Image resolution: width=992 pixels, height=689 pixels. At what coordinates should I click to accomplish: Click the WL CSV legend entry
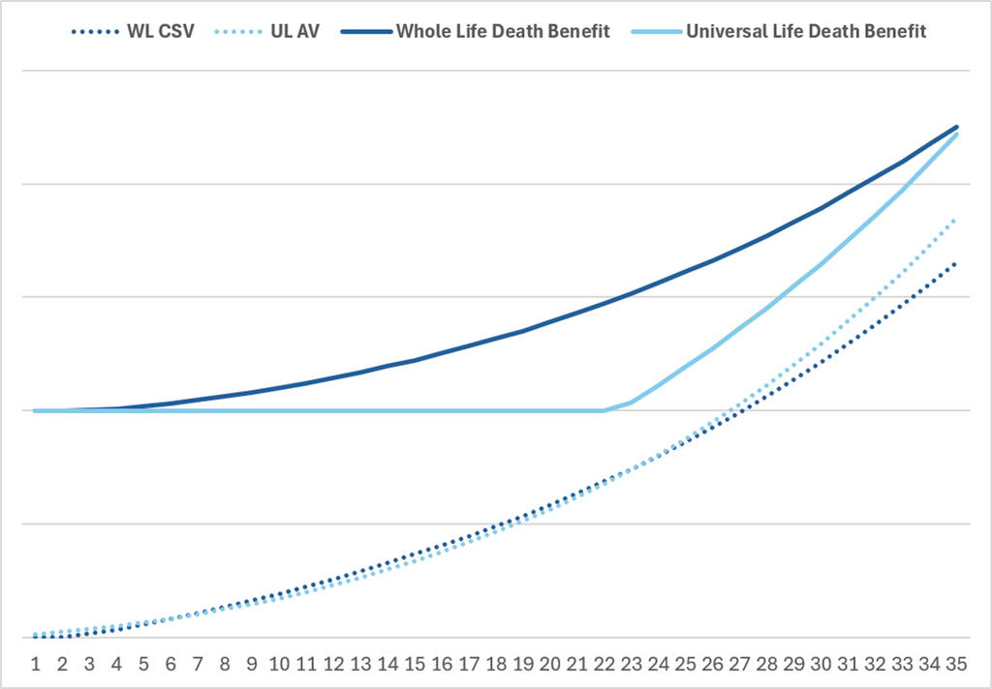(x=133, y=31)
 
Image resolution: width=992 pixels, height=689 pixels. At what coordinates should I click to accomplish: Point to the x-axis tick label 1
(x=36, y=664)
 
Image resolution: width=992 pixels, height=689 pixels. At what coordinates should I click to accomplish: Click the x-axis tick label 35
(x=956, y=664)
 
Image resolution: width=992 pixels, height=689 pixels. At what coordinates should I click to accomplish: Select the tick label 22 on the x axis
(x=604, y=664)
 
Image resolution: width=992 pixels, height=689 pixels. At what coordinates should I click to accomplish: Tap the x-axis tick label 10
(x=279, y=664)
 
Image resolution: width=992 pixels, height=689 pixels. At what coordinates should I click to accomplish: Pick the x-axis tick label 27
(x=739, y=664)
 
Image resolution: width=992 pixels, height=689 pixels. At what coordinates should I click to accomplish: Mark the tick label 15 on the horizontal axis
(x=415, y=664)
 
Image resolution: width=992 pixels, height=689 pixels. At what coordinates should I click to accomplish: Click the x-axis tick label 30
(x=821, y=664)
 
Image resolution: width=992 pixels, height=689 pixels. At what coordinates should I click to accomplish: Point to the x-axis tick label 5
(x=143, y=664)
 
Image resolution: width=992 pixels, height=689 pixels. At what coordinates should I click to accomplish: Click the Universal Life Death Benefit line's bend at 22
(x=604, y=410)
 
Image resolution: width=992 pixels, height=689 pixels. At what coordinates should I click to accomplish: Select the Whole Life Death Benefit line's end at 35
(x=956, y=127)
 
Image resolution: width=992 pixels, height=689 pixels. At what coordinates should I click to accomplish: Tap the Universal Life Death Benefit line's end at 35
(x=956, y=135)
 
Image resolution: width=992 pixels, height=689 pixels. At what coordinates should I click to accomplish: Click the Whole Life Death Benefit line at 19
(x=522, y=331)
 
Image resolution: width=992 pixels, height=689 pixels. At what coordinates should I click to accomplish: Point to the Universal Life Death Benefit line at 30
(x=821, y=264)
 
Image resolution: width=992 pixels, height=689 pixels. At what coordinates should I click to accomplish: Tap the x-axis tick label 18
(x=496, y=664)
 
